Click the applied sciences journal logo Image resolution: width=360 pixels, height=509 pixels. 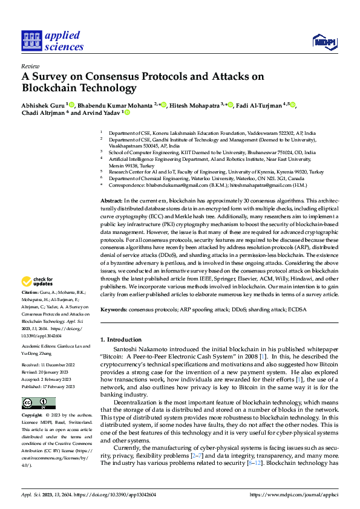(x=53, y=41)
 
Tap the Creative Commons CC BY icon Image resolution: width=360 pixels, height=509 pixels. (x=39, y=403)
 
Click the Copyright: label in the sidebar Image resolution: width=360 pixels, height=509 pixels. (x=33, y=415)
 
